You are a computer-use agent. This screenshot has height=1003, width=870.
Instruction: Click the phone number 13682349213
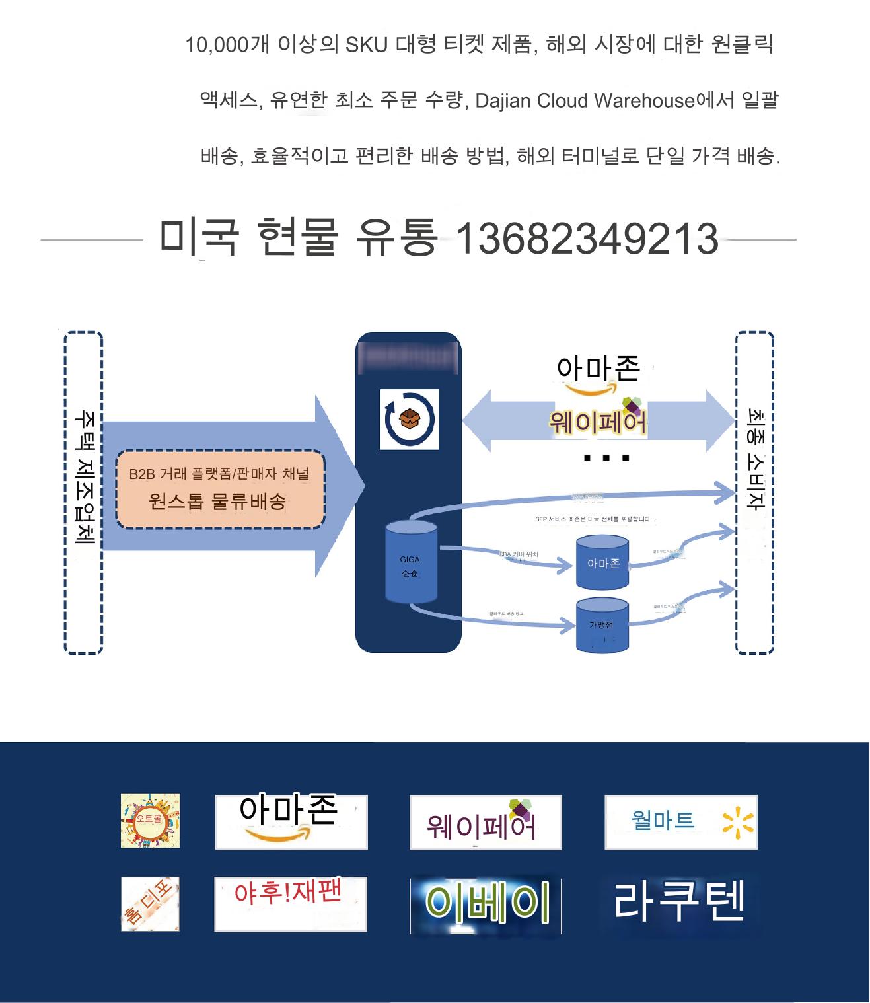pos(587,239)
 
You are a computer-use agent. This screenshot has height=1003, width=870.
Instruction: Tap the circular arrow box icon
pos(409,420)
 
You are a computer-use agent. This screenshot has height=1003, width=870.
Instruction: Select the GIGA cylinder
pos(411,562)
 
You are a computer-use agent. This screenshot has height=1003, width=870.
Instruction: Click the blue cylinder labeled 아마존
pos(602,562)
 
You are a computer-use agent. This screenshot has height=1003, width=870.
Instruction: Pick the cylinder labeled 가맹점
pos(602,625)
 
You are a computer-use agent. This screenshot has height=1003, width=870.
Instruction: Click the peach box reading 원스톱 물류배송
pos(220,489)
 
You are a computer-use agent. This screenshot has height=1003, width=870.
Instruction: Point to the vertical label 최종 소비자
pos(754,459)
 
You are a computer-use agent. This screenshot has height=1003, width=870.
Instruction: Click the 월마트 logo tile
pos(680,822)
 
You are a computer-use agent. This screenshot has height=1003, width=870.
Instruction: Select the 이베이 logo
pos(486,905)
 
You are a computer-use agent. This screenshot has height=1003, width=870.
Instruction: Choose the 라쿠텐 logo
pos(679,901)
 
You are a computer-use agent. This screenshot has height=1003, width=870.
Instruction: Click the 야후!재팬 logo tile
pos(290,903)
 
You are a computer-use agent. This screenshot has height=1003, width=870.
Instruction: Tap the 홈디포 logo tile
pos(150,904)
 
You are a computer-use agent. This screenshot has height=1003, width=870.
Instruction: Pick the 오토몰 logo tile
pos(150,821)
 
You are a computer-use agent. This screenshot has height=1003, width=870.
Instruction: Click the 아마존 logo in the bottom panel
pos(291,821)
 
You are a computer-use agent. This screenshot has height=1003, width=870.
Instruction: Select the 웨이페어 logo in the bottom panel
pos(485,822)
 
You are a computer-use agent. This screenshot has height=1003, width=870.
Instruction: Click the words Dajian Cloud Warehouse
pos(585,101)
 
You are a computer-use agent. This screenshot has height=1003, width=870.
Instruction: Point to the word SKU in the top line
pos(367,45)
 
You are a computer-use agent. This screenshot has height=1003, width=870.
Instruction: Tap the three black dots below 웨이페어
pos(606,457)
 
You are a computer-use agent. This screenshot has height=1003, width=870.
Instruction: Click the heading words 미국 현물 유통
pos(297,237)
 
